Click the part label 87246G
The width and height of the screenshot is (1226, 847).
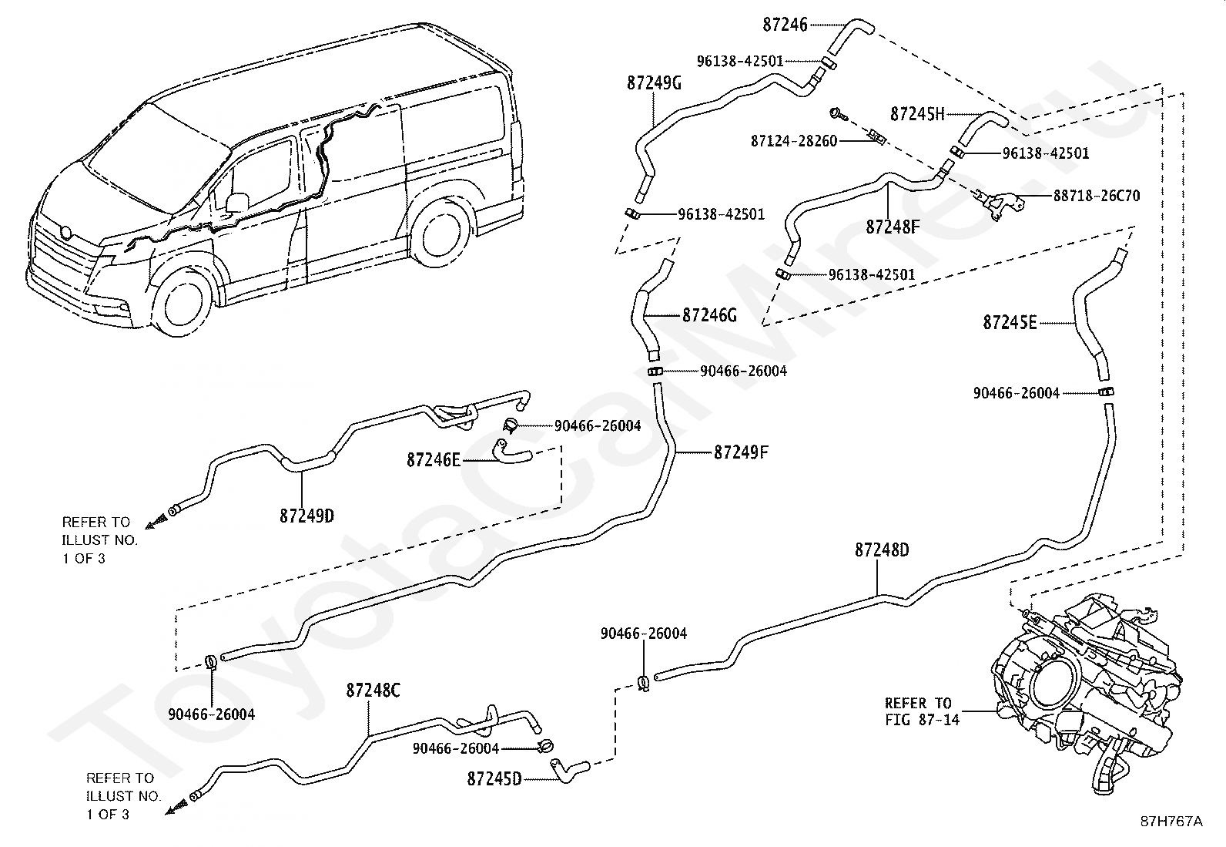(709, 315)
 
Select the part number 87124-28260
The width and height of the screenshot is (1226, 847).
(794, 141)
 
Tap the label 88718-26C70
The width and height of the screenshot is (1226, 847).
(1097, 196)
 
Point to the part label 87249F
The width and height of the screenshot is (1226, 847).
(741, 452)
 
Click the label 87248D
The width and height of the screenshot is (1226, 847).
(882, 550)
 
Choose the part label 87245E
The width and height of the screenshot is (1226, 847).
(1010, 323)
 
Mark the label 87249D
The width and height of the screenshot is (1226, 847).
(306, 516)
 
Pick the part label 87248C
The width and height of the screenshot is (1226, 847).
(373, 691)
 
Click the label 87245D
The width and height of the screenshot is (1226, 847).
(494, 779)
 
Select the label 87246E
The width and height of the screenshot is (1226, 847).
(434, 460)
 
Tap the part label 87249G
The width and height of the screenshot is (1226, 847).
(654, 83)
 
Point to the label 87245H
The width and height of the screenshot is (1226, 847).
(917, 114)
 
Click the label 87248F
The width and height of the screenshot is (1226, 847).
(893, 227)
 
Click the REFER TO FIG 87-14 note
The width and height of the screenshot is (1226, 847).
(923, 711)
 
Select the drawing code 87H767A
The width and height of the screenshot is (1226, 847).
(1171, 822)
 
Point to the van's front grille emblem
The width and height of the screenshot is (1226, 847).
(65, 232)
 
